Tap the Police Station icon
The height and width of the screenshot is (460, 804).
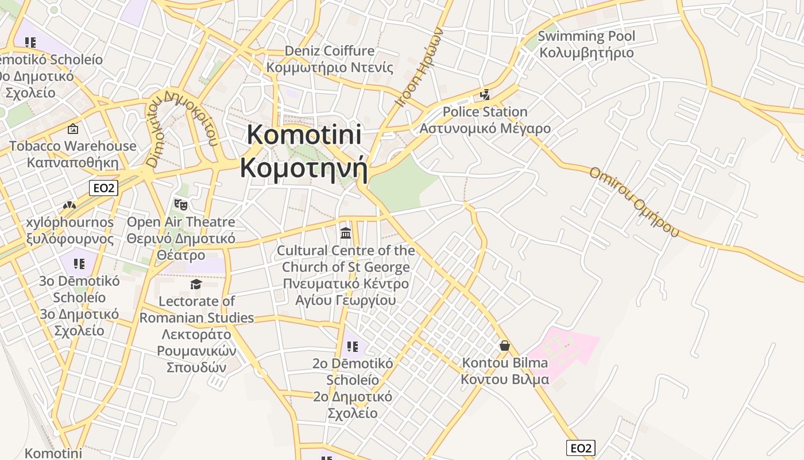(485, 94)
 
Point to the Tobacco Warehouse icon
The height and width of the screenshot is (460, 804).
(73, 129)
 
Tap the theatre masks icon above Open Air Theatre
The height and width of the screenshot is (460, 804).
(181, 204)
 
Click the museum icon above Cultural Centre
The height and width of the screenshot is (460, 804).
(346, 233)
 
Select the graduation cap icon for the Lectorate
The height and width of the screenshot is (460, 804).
(196, 284)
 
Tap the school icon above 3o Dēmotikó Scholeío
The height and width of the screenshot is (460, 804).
(79, 264)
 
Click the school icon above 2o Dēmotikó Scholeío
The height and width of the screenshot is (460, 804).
(353, 347)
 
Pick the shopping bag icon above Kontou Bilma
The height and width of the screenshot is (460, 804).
(505, 346)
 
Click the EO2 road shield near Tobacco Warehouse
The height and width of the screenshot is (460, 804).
(103, 188)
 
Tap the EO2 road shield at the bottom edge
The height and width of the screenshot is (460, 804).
(581, 448)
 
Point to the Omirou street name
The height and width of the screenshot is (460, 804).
(634, 201)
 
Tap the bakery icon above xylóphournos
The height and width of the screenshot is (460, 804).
(69, 205)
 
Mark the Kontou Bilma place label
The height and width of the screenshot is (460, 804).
(505, 371)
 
